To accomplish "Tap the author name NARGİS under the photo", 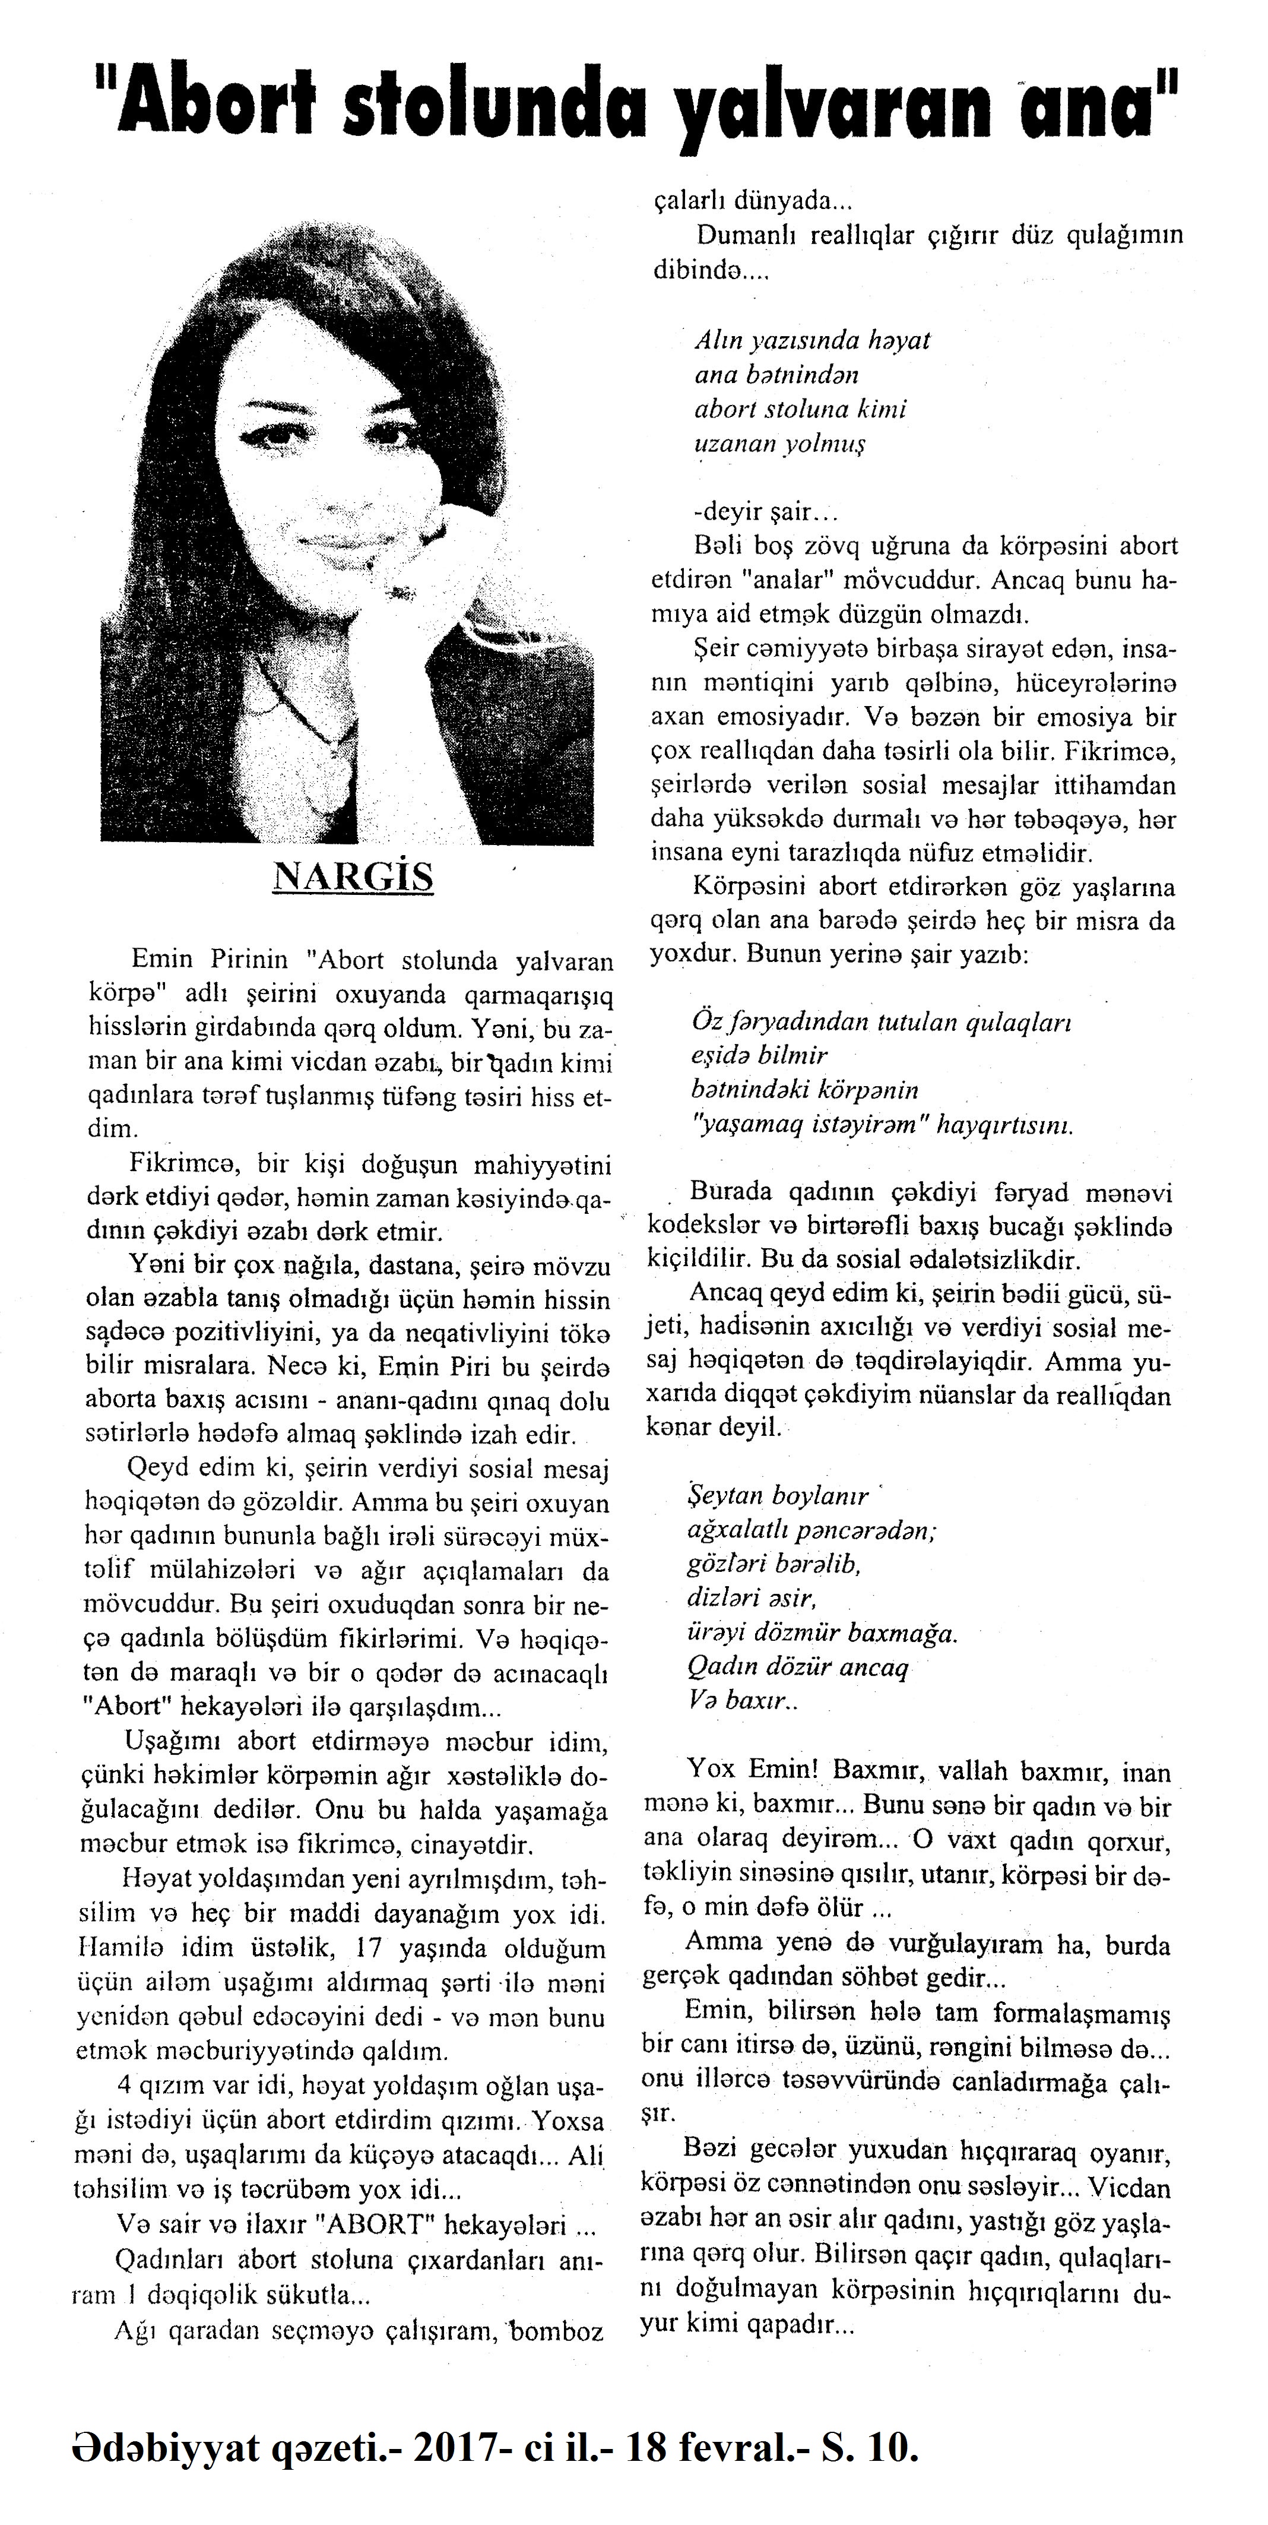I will (353, 877).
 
